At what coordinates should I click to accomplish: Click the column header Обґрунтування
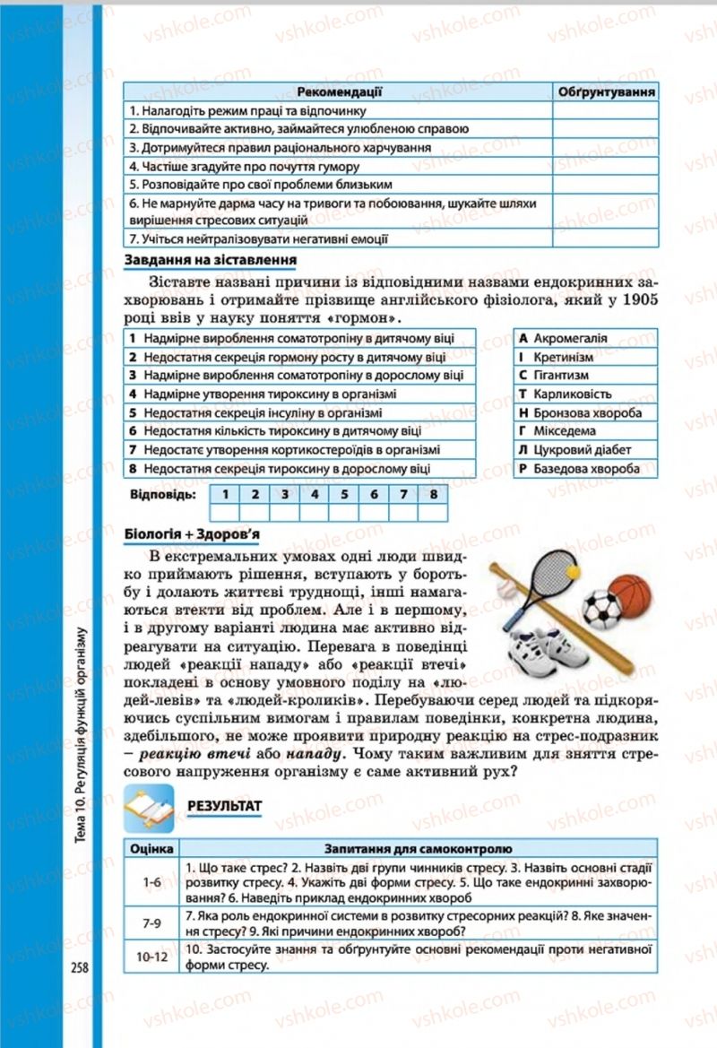(605, 91)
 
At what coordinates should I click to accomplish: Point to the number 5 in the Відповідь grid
(343, 494)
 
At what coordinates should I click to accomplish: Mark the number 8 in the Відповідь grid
(432, 494)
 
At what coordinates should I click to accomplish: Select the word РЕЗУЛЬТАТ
(225, 806)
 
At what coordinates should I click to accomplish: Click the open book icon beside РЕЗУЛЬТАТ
(150, 804)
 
